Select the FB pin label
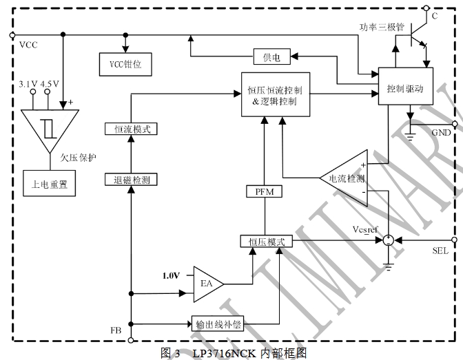click(116, 330)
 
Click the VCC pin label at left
click(29, 45)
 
